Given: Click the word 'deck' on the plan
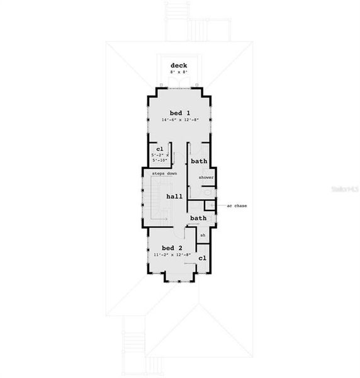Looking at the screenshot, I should point(179,66).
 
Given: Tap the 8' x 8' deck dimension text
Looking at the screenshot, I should point(179,72).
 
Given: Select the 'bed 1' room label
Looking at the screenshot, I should point(179,112).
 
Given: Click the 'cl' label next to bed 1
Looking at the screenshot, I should point(160,149).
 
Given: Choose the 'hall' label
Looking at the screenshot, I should point(174,197).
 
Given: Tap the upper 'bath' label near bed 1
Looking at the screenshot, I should point(199,161).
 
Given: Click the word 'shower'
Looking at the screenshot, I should point(206,178).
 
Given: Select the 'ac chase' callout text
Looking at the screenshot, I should point(236,205).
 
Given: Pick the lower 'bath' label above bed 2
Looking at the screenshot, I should point(198,218).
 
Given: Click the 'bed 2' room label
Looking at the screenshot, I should point(171,248).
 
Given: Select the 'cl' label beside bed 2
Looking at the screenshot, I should point(202,258).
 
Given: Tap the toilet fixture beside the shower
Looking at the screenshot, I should point(208,192).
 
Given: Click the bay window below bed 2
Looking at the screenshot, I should point(179,278).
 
